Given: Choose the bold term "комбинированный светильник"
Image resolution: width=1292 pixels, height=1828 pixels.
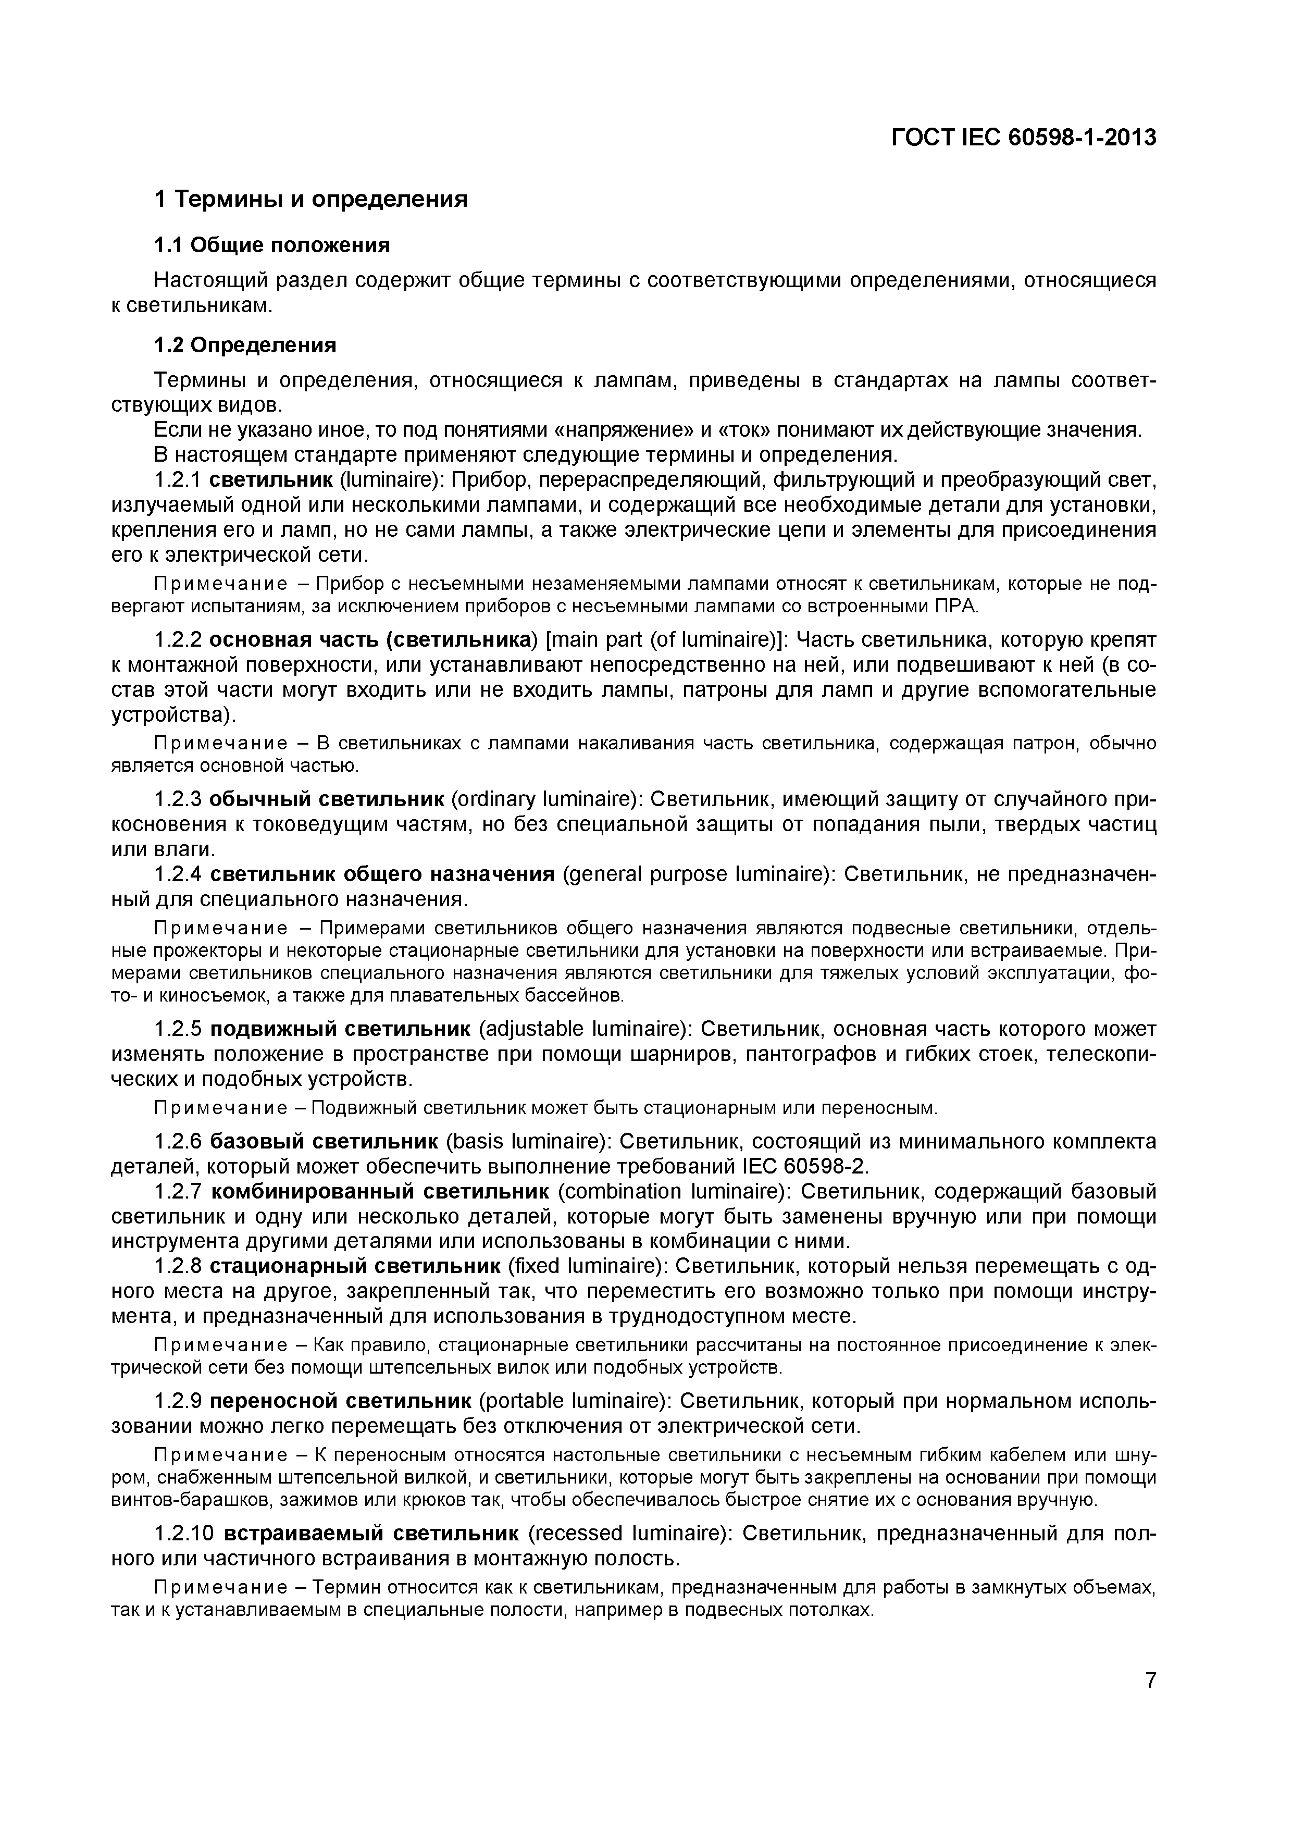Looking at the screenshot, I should (380, 1191).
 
